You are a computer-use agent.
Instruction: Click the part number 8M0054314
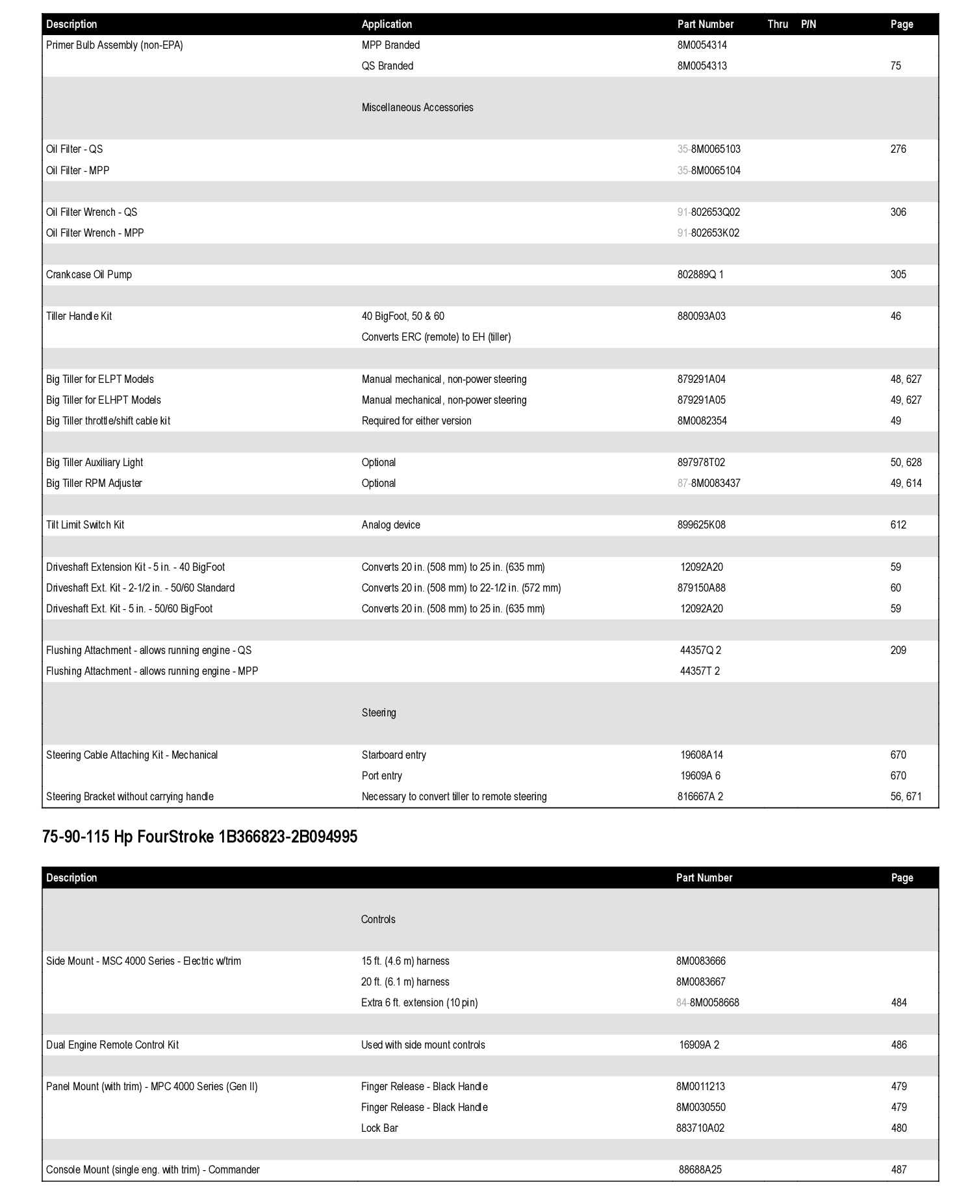[x=702, y=45]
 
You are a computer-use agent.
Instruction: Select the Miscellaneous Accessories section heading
[x=417, y=107]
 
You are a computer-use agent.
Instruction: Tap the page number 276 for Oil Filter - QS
[x=898, y=149]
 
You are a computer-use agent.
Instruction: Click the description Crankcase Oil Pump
[x=89, y=274]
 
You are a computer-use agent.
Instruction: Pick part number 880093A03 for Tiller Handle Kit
[x=701, y=316]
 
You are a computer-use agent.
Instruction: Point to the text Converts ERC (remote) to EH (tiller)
[x=436, y=337]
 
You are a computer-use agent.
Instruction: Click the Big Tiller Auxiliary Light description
[x=94, y=462]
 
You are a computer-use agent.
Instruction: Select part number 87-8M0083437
[x=709, y=483]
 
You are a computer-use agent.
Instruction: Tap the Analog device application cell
[x=390, y=525]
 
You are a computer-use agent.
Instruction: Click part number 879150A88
[x=701, y=588]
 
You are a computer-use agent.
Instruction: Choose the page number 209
[x=898, y=650]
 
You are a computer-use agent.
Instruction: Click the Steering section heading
[x=379, y=712]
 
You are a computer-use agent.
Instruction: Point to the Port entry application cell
[x=381, y=776]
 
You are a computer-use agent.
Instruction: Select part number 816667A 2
[x=700, y=796]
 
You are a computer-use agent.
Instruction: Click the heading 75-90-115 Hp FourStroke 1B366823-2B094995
[x=199, y=837]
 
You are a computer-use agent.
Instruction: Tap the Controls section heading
[x=378, y=919]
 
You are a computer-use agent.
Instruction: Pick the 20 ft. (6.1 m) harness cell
[x=405, y=982]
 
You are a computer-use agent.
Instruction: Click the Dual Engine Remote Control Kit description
[x=112, y=1045]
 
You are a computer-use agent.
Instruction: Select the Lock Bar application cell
[x=379, y=1128]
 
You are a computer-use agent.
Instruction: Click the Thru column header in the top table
[x=777, y=24]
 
